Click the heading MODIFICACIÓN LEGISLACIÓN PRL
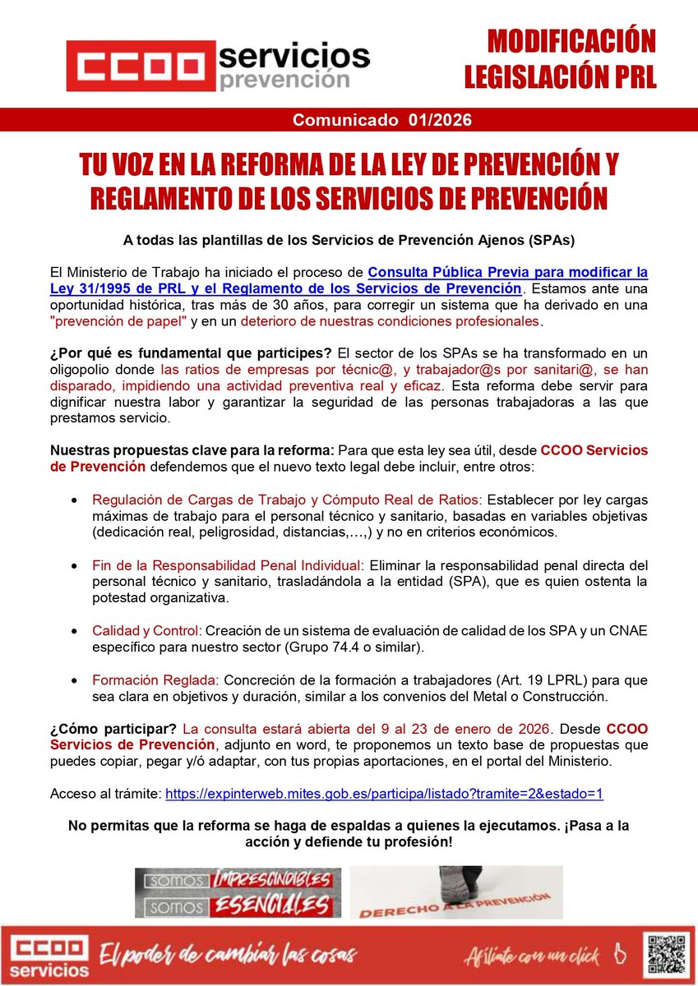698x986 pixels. [560, 58]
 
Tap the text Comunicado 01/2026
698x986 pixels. [382, 120]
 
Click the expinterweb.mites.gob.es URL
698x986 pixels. [385, 794]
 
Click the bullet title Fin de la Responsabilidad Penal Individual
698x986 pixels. [227, 565]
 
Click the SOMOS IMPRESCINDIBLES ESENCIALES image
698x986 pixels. [238, 892]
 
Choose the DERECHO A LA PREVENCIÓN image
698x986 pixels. [455, 892]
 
